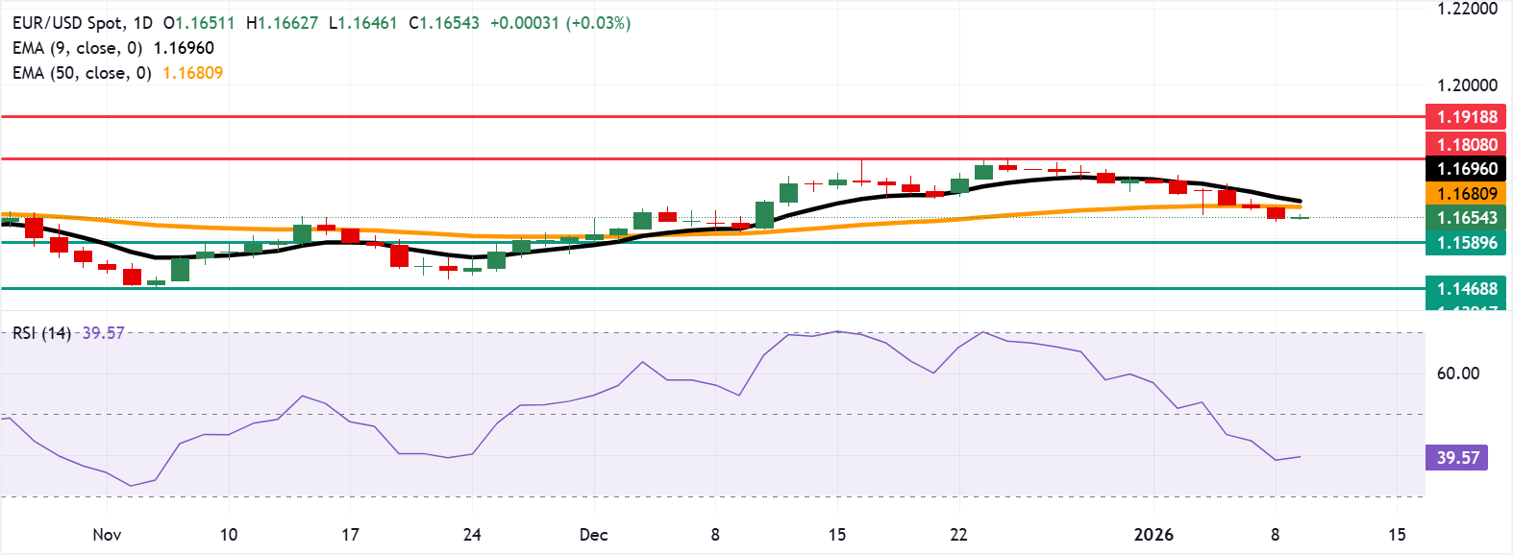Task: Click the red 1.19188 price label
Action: point(1467,117)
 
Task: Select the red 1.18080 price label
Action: point(1467,145)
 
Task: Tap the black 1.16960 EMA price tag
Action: point(1467,169)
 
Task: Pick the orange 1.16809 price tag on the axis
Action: point(1467,194)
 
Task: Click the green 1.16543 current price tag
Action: point(1467,218)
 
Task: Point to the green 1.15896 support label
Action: point(1467,243)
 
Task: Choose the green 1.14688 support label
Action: point(1467,289)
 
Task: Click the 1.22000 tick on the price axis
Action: point(1467,9)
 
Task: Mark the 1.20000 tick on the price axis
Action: point(1467,85)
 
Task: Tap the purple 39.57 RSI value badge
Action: point(1457,458)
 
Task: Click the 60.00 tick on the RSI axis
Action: point(1457,374)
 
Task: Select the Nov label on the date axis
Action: point(107,535)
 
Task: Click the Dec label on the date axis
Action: point(593,535)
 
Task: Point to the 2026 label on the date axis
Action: point(1153,535)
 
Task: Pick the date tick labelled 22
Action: point(958,535)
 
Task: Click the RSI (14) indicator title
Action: point(41,333)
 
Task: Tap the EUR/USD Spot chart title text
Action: point(68,23)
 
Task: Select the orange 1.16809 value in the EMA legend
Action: point(192,73)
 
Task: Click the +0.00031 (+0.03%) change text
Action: point(560,23)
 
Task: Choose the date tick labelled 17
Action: point(350,535)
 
